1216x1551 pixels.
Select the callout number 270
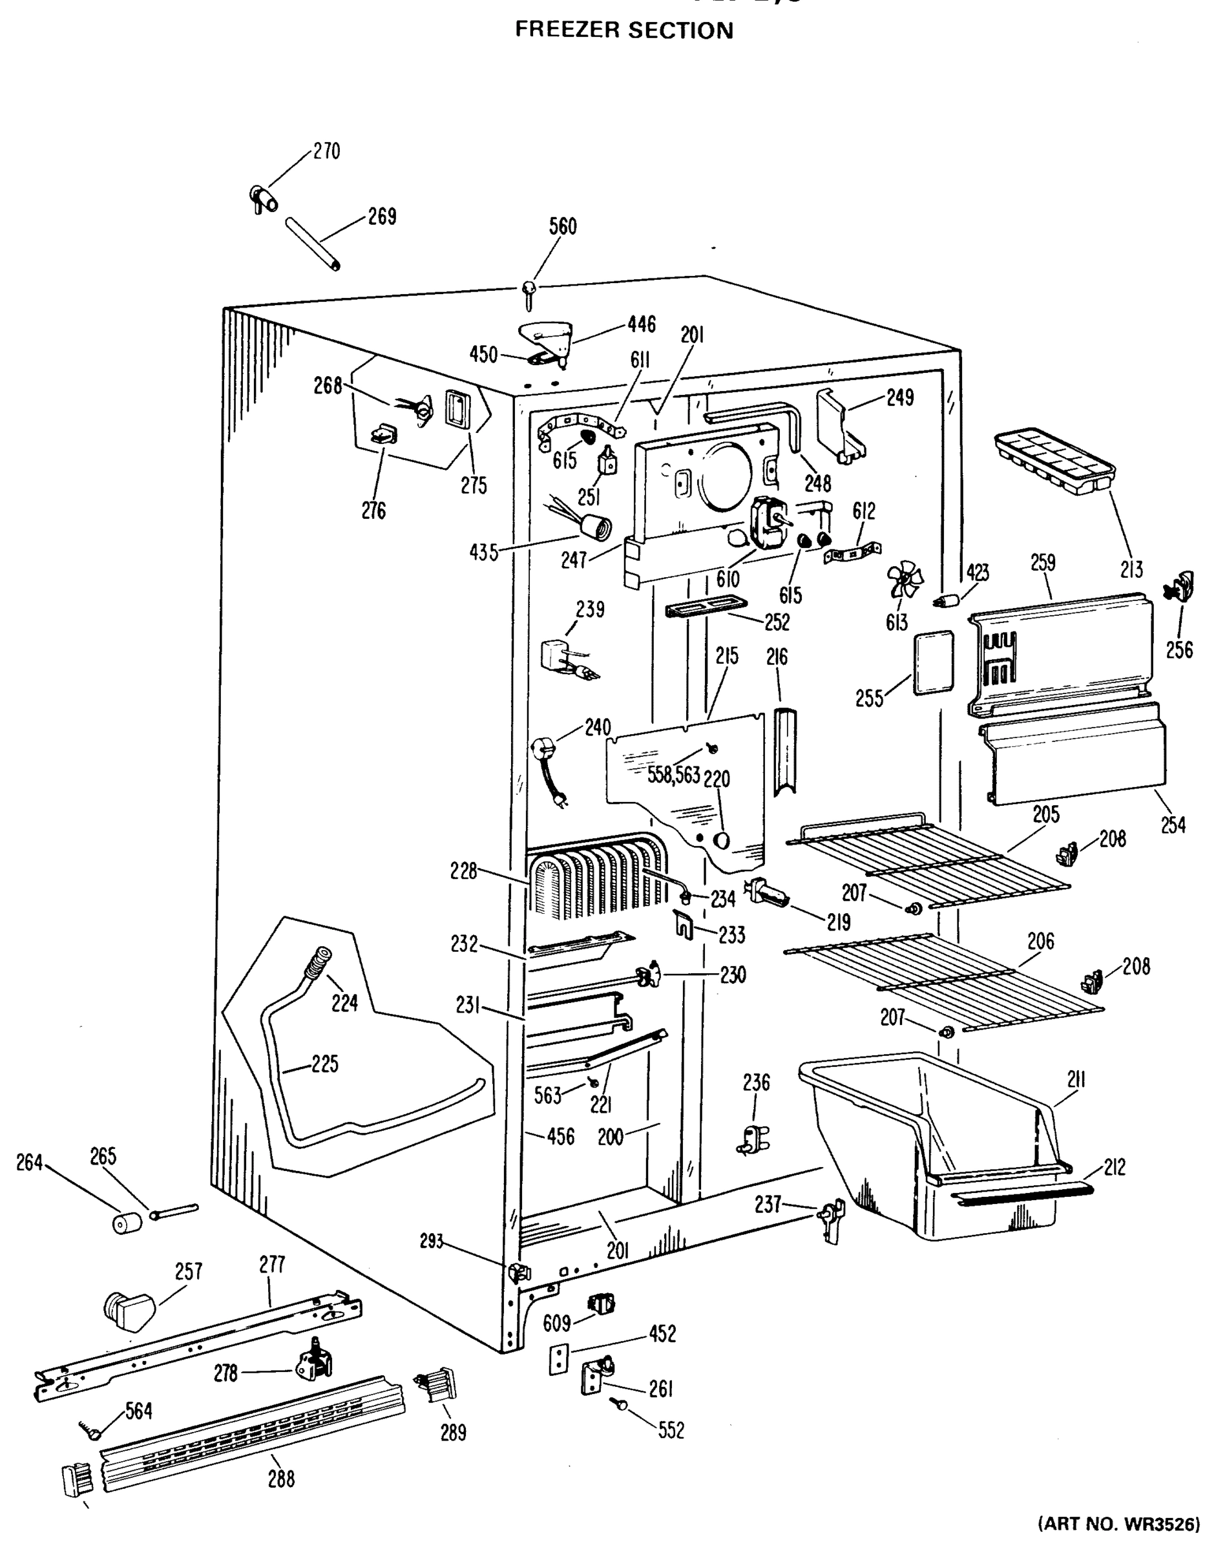click(x=326, y=151)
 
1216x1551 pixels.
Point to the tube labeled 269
click(x=313, y=244)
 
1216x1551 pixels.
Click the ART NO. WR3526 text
click(x=1125, y=1538)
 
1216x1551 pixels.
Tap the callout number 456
click(x=560, y=1137)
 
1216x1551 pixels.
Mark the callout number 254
click(x=1173, y=825)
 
